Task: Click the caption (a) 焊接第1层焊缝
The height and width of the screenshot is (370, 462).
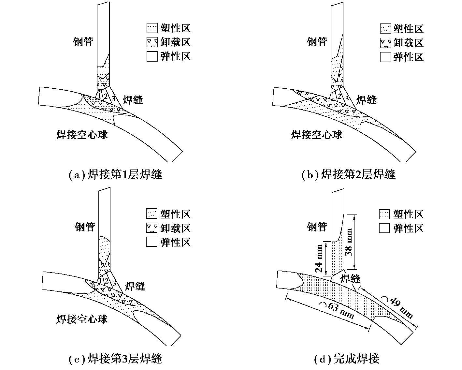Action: point(115,174)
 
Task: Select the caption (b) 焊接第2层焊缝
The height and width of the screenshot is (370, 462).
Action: point(349,174)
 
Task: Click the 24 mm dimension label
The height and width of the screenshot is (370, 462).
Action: point(319,259)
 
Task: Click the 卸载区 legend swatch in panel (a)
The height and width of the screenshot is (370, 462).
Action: point(152,42)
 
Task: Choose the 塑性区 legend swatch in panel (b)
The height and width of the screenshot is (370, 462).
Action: point(385,29)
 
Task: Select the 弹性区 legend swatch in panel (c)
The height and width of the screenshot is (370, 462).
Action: point(152,242)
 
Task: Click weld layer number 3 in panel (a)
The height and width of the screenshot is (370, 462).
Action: point(113,98)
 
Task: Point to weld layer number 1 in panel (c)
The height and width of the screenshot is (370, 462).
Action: point(100,280)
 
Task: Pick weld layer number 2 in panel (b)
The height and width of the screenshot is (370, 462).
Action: point(339,96)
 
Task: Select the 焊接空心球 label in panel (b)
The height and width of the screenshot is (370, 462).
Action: point(316,135)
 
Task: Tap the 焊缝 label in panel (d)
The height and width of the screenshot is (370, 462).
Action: point(350,279)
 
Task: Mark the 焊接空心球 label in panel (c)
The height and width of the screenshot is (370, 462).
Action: point(82,319)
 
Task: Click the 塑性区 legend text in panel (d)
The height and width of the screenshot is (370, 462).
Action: point(408,214)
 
